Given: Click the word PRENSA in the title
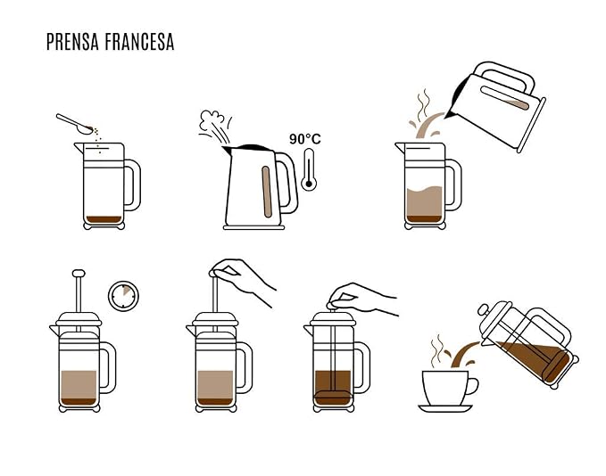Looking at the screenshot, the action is click(x=72, y=42).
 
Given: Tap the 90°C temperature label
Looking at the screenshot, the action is click(x=305, y=139).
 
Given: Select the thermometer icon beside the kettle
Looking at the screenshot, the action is click(x=309, y=170).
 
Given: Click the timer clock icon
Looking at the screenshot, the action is click(x=123, y=296).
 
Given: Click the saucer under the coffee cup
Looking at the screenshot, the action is click(x=445, y=408).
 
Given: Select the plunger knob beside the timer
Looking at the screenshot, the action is click(x=79, y=274).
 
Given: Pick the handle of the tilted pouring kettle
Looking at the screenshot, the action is click(x=504, y=76).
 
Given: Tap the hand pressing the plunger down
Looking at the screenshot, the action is click(x=363, y=299).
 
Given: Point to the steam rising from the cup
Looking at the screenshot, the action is click(x=437, y=350).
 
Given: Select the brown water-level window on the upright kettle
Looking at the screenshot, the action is click(x=267, y=192).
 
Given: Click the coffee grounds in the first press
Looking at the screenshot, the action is click(x=104, y=219).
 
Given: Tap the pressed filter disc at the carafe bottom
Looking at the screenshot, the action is click(x=333, y=395).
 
